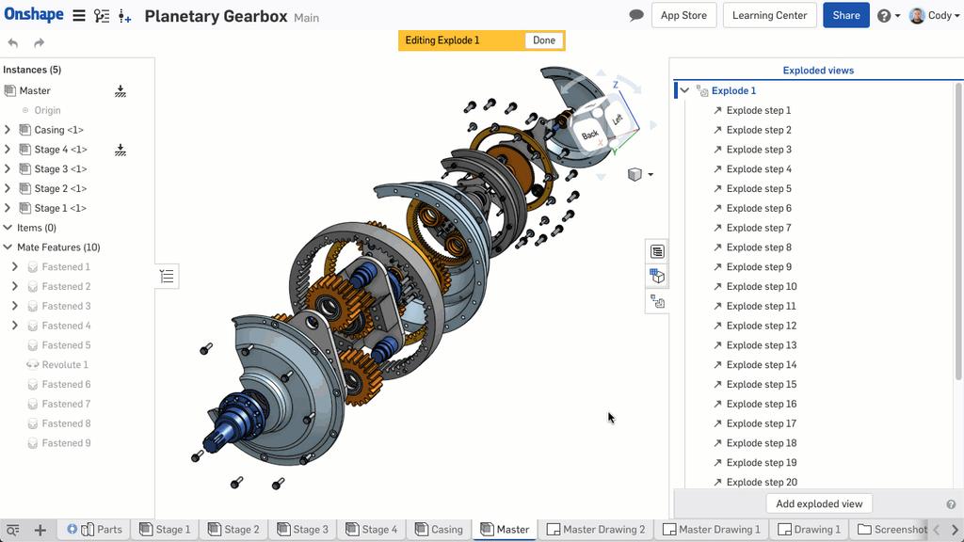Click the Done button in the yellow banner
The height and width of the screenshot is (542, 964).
point(543,40)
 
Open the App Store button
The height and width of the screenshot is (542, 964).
point(683,15)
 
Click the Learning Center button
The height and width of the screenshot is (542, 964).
point(769,15)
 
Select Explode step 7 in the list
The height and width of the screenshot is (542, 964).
point(759,228)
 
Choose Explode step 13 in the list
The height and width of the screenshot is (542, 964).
point(761,345)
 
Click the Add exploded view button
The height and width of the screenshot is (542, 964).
point(818,503)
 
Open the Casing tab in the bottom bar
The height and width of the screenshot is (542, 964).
point(439,529)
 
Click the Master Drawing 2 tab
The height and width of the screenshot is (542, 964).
point(596,529)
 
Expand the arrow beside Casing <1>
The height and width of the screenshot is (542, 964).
point(8,130)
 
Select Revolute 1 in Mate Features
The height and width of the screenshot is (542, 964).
point(65,365)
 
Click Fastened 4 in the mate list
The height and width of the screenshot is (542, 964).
point(66,326)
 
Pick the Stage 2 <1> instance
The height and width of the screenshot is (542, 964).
point(60,188)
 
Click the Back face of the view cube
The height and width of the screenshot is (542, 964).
point(590,135)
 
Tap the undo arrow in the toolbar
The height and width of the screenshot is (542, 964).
point(13,43)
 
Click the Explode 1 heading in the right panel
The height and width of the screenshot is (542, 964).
point(733,91)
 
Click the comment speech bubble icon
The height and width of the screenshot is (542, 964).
point(636,16)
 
